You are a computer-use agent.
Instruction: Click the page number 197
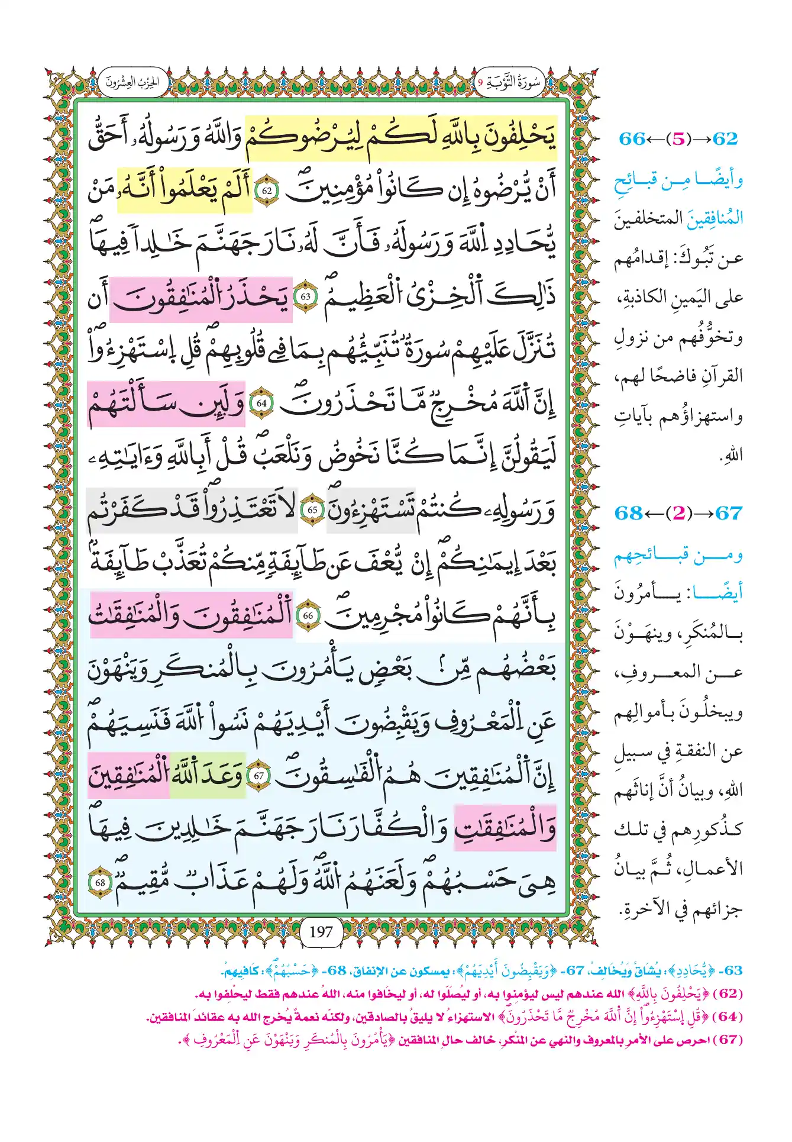pyautogui.click(x=321, y=932)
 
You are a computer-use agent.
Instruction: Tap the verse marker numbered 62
pyautogui.click(x=267, y=191)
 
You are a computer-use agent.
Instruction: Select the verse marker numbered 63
pyautogui.click(x=306, y=296)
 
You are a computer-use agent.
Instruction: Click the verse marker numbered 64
pyautogui.click(x=261, y=403)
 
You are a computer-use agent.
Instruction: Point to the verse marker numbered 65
pyautogui.click(x=312, y=509)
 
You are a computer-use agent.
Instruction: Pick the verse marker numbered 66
pyautogui.click(x=308, y=616)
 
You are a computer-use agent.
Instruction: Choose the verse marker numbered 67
pyautogui.click(x=258, y=776)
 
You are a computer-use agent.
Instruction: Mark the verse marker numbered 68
pyautogui.click(x=100, y=882)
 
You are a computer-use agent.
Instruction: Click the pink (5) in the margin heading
pyautogui.click(x=678, y=139)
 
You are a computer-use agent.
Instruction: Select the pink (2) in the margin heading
pyautogui.click(x=678, y=513)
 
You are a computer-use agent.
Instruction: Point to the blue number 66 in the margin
pyautogui.click(x=632, y=139)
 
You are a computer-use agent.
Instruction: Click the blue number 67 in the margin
pyautogui.click(x=728, y=513)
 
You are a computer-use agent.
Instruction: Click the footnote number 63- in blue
pyautogui.click(x=733, y=971)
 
